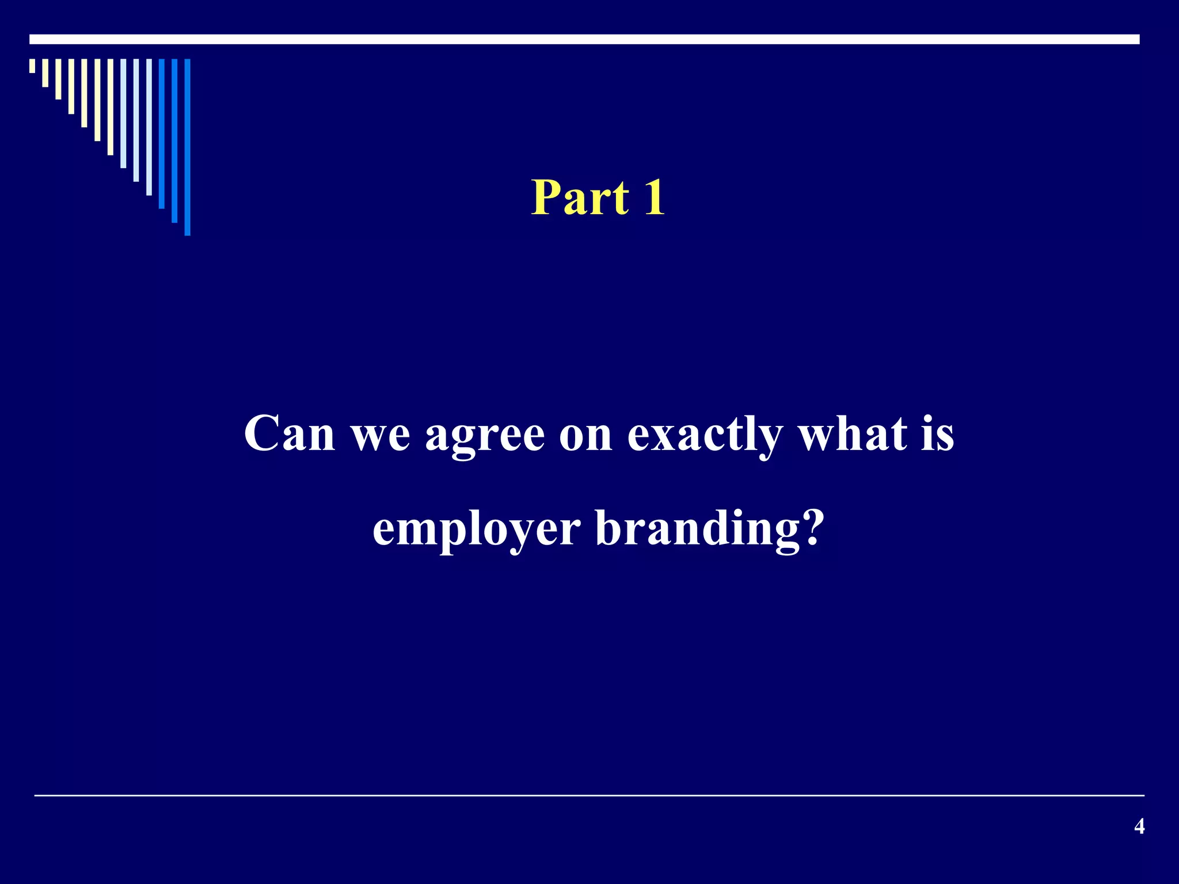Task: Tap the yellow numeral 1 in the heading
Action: tap(655, 197)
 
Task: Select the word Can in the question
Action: tap(289, 433)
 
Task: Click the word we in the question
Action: tap(381, 435)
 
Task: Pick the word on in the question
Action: tap(585, 435)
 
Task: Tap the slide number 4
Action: tap(1139, 826)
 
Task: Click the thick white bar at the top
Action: tap(584, 39)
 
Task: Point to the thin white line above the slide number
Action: tap(589, 795)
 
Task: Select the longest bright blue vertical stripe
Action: tap(187, 147)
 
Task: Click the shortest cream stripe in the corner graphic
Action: tap(32, 66)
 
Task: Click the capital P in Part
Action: tap(545, 197)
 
